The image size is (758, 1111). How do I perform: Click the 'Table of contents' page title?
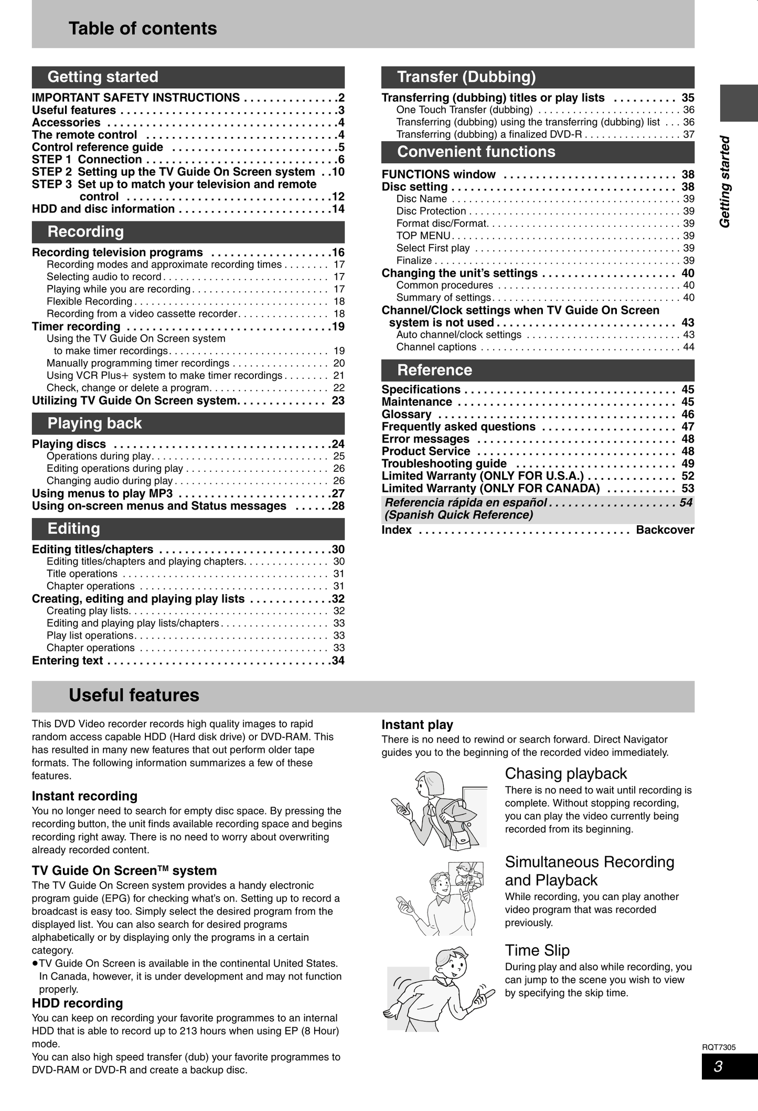point(143,28)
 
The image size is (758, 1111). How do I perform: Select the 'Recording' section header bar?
point(86,231)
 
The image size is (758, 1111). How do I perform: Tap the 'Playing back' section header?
point(94,423)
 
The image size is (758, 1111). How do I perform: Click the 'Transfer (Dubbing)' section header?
point(466,77)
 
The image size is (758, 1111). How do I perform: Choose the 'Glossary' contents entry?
point(407,414)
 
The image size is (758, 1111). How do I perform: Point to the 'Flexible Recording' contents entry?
point(89,301)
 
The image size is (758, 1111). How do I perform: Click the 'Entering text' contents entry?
point(67,660)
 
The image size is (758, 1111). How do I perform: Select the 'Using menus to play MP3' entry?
point(102,493)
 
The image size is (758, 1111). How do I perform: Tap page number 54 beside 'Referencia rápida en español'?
point(686,502)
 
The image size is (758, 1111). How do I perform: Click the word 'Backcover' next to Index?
point(665,530)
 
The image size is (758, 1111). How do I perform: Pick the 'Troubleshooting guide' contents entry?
point(444,463)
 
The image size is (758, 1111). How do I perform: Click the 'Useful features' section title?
point(134,695)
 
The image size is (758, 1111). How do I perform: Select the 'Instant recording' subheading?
point(84,796)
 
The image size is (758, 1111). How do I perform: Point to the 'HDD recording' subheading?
point(77,1003)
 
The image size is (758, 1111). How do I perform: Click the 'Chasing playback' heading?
point(565,773)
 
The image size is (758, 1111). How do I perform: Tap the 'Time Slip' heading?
point(537,950)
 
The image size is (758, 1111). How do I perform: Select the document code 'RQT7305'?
point(719,1047)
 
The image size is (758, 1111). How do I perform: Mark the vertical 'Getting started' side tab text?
point(725,182)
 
